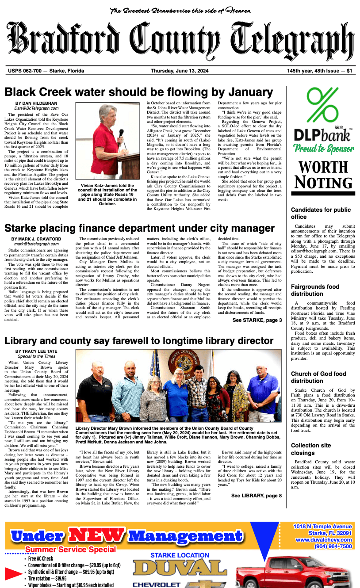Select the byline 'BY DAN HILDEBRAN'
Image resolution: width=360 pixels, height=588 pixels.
(x=36, y=103)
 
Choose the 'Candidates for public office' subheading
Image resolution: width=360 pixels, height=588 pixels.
(x=320, y=213)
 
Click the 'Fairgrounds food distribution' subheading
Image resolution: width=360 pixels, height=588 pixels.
(x=315, y=290)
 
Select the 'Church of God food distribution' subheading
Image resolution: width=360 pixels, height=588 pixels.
(x=318, y=377)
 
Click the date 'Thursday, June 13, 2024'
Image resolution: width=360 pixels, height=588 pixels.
(x=180, y=71)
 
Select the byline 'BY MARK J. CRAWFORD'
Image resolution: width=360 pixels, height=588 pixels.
(x=37, y=239)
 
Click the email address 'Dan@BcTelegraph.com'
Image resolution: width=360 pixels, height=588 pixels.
(x=36, y=108)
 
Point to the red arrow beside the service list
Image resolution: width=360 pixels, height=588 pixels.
(x=13, y=573)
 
